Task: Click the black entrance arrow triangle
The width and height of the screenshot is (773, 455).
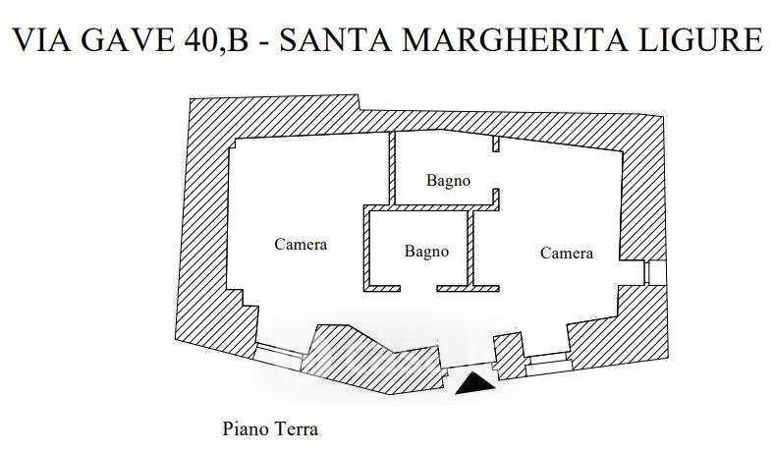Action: (474, 384)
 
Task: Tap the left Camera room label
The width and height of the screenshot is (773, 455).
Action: (301, 244)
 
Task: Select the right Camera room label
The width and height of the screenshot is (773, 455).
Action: (567, 253)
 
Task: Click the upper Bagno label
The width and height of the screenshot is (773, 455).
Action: (448, 181)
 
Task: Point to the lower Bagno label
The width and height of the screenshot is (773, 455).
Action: (426, 252)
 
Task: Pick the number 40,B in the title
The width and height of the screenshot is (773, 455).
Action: (217, 39)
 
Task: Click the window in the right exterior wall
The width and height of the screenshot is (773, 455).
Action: (655, 272)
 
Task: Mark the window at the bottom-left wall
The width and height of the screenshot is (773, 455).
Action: (279, 356)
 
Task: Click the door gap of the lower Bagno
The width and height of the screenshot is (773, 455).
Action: (418, 288)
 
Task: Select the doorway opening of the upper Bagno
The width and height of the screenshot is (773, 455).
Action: (495, 170)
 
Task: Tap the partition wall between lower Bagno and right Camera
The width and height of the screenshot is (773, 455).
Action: (470, 249)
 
